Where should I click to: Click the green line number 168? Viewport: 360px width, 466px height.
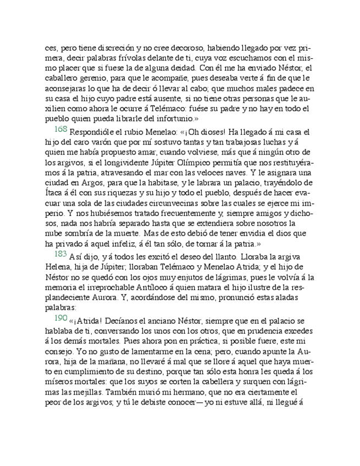point(60,130)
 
